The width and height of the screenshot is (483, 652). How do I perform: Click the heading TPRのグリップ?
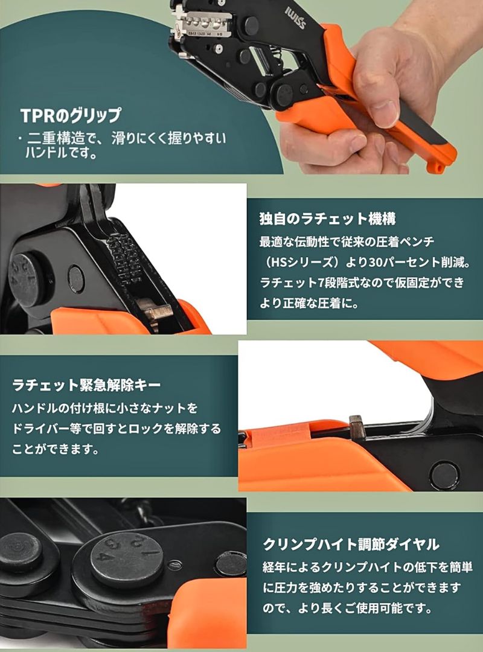click(x=71, y=115)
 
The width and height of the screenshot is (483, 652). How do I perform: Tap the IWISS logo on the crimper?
click(x=295, y=18)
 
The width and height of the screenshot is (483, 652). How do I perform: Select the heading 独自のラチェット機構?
click(x=327, y=219)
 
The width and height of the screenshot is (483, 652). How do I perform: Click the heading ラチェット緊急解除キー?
click(x=86, y=385)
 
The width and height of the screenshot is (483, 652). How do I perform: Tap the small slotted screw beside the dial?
click(x=175, y=565)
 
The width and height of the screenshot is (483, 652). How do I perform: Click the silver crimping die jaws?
click(x=202, y=25)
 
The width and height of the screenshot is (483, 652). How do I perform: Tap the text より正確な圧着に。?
click(x=309, y=304)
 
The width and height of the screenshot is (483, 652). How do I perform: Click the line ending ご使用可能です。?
click(x=347, y=609)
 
